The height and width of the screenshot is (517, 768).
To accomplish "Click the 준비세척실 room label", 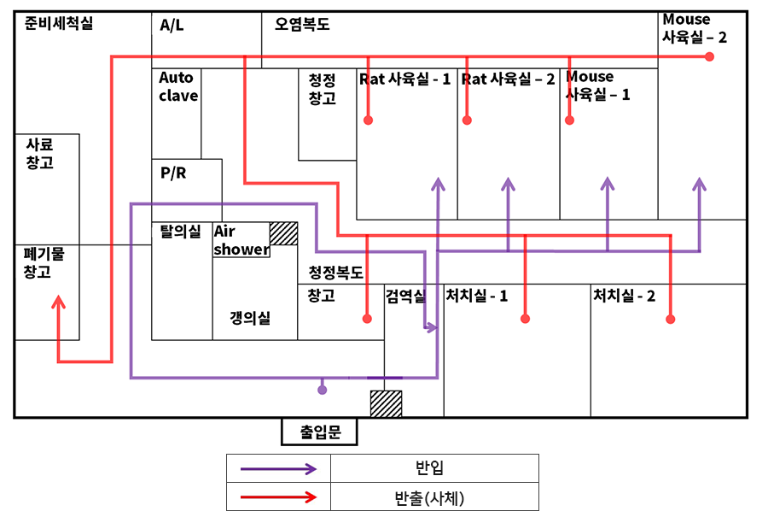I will [59, 24].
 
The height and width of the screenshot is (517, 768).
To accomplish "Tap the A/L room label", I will [172, 26].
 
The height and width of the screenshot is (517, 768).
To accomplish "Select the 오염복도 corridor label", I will [302, 25].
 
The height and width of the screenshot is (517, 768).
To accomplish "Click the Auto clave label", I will [177, 86].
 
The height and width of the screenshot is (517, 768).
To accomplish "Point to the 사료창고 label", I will [39, 154].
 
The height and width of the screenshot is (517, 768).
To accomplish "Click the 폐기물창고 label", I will [38, 262].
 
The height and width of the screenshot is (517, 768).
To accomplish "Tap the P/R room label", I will [173, 173].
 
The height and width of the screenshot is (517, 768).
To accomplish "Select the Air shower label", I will [241, 240].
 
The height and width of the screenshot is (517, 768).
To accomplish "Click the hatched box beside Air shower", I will [283, 233].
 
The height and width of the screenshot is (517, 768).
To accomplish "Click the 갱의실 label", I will [250, 318].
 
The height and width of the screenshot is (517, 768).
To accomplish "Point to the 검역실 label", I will [405, 296].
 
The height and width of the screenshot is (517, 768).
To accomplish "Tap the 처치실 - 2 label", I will [624, 296].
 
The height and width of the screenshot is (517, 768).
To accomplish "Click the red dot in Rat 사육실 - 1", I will [368, 120].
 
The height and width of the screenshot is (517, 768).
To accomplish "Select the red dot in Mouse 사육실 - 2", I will [709, 56].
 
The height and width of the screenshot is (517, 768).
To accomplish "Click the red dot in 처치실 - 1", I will [525, 319].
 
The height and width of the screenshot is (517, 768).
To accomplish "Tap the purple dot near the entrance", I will [322, 390].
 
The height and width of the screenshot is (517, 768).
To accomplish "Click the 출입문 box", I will [320, 432].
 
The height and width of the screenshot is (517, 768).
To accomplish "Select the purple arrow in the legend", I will [278, 468].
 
